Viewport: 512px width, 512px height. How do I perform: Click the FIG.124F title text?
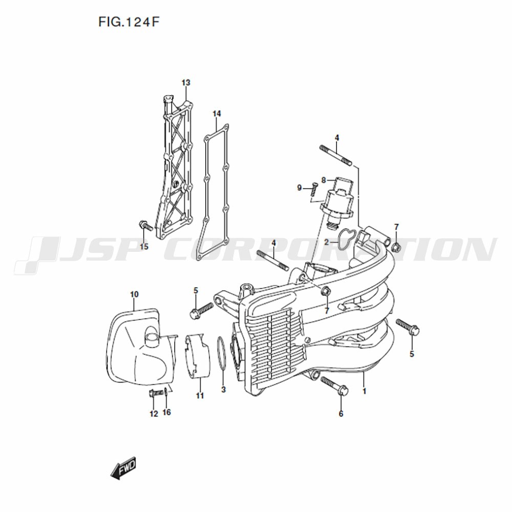click(130, 22)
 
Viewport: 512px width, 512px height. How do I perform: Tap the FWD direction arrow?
click(123, 468)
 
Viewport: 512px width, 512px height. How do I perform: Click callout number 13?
click(186, 82)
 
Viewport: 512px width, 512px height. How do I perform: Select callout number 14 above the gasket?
click(217, 114)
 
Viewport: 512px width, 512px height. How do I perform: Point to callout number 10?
click(134, 294)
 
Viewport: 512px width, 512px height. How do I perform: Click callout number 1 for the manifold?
click(365, 391)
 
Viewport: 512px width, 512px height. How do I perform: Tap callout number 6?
click(341, 414)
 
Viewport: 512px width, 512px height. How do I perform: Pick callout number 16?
click(166, 412)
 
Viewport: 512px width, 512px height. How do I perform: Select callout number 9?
click(300, 188)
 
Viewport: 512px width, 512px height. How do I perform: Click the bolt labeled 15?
click(145, 225)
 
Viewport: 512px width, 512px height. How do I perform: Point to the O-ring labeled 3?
click(221, 354)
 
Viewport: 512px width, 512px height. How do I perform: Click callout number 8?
click(324, 180)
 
